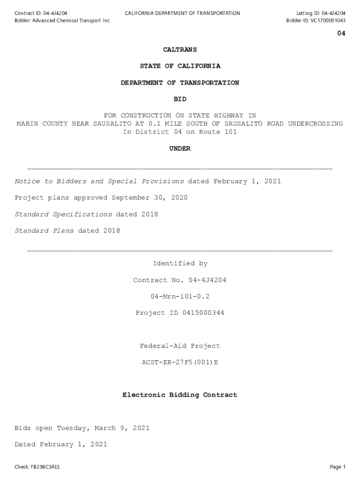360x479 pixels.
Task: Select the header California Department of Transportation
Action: tap(182, 13)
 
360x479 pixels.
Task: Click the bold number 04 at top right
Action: tap(341, 34)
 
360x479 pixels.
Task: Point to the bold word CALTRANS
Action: tap(180, 50)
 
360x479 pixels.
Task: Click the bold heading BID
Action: tap(180, 99)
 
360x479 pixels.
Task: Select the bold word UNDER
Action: tap(180, 149)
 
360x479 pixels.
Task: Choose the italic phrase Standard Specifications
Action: tap(63, 214)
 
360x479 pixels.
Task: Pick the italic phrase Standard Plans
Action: tap(44, 231)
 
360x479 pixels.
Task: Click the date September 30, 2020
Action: tap(149, 198)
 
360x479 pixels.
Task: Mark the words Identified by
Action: tap(180, 264)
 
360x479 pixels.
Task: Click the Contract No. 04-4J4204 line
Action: tap(180, 280)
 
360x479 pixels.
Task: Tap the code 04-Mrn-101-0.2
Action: tap(180, 297)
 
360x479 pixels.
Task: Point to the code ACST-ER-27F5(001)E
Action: tap(180, 363)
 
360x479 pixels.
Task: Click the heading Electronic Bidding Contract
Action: tap(180, 395)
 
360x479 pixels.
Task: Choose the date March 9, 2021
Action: tap(122, 428)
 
